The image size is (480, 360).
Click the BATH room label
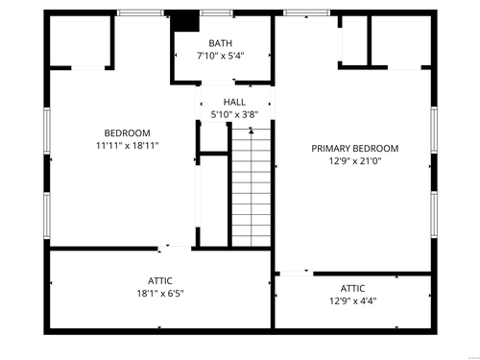point(220,43)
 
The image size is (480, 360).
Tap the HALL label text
point(234,102)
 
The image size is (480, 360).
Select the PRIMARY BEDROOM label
point(355,149)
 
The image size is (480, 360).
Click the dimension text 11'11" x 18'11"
point(128,146)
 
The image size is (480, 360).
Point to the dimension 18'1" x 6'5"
point(160,294)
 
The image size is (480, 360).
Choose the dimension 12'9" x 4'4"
point(353,300)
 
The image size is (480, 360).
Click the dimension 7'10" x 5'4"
point(221,56)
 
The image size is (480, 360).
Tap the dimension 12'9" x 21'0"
point(355,161)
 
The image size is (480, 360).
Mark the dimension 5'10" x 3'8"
point(234,114)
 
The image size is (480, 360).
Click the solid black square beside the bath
point(185,21)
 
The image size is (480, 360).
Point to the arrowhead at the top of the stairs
point(252,131)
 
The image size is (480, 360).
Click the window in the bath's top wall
point(217,12)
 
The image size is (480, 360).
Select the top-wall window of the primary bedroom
point(307,12)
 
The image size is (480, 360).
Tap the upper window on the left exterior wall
point(47,131)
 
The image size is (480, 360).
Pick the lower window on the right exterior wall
point(434,214)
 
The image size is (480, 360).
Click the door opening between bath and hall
point(218,83)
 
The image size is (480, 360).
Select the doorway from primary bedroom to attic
point(297,274)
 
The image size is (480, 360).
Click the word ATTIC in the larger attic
point(160,281)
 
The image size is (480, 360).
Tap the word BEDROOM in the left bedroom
point(128,133)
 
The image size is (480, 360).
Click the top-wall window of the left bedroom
point(140,12)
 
